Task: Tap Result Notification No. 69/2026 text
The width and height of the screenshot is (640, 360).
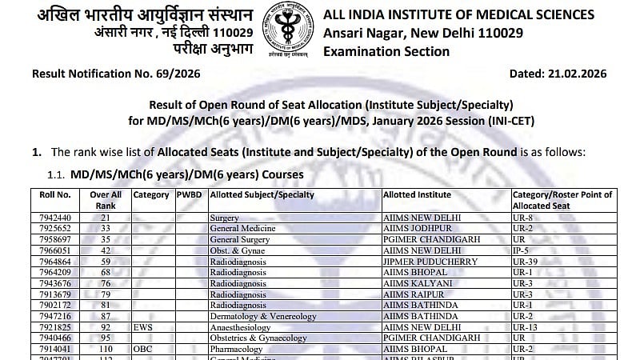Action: click(116, 74)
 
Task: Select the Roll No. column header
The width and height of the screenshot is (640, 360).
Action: click(56, 194)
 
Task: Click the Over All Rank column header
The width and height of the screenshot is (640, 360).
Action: click(106, 199)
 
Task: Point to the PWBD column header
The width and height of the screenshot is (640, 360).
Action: click(190, 194)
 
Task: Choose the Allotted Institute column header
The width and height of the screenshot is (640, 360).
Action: click(417, 194)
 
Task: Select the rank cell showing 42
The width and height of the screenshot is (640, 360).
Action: click(105, 250)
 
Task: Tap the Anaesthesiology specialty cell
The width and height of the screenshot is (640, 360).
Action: click(245, 327)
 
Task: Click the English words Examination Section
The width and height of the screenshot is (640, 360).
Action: click(386, 51)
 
